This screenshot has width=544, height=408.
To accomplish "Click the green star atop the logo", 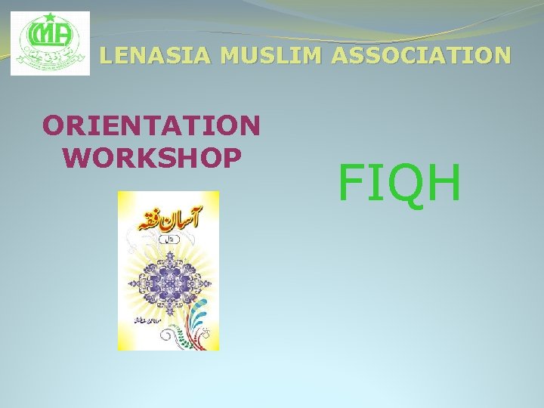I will click(x=50, y=19).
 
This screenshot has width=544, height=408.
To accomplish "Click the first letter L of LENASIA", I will click(x=107, y=55).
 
